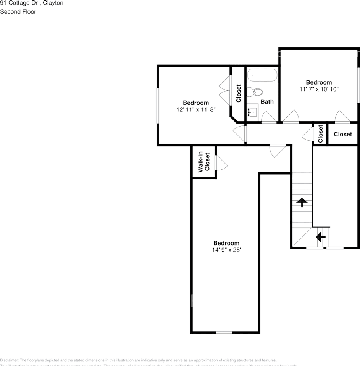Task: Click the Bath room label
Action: click(267, 102)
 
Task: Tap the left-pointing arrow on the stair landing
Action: click(321, 237)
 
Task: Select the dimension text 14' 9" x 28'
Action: click(226, 250)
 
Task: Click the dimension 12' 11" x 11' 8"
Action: click(196, 109)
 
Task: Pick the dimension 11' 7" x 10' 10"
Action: click(319, 89)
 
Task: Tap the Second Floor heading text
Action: click(18, 12)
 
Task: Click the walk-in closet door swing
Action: click(221, 163)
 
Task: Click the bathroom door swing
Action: click(268, 117)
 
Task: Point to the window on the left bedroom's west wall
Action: click(157, 106)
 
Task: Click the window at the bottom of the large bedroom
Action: click(224, 332)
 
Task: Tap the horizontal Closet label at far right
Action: click(343, 134)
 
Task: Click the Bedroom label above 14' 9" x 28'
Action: click(226, 243)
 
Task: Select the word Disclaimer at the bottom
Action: click(8, 360)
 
